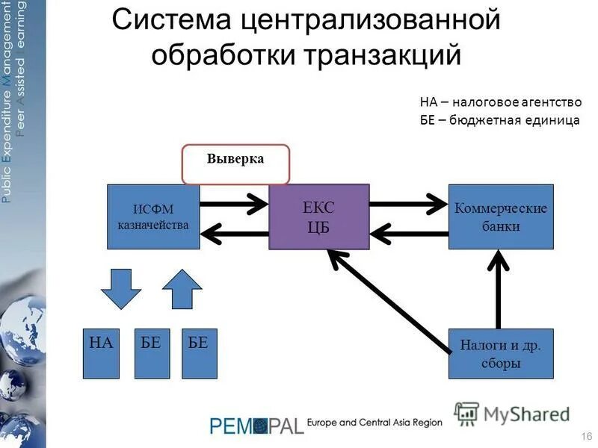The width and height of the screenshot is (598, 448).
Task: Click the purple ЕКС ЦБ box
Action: (x=319, y=217)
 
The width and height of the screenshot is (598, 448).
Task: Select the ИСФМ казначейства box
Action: (x=154, y=217)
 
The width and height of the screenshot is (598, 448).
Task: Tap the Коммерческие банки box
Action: (x=501, y=217)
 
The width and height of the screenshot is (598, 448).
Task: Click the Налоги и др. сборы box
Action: (x=501, y=353)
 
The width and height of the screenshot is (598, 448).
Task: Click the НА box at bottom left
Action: (x=101, y=352)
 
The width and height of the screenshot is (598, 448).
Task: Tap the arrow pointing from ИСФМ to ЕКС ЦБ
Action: (x=233, y=202)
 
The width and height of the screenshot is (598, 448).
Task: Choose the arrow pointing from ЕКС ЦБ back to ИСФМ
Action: (x=233, y=234)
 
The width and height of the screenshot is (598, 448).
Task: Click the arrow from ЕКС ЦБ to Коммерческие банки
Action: (x=407, y=202)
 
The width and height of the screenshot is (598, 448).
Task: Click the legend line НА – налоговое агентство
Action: (x=500, y=102)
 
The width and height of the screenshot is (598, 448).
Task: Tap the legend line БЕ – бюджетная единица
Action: (x=499, y=120)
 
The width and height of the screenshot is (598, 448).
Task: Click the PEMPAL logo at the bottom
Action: (x=256, y=426)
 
